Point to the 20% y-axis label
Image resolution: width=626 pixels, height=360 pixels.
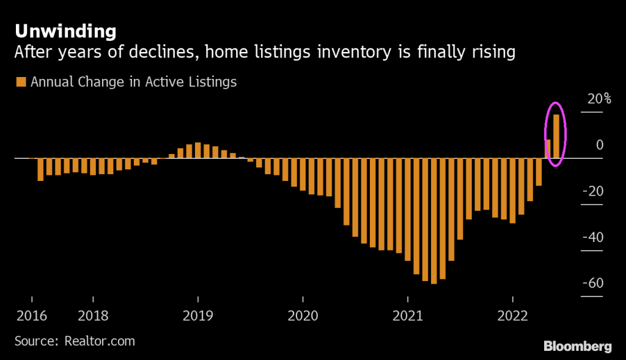tap(591, 99)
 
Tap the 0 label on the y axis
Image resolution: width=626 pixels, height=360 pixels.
tap(599, 145)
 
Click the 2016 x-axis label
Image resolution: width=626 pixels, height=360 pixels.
tap(30, 316)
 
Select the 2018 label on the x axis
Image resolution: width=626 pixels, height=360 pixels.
tap(93, 316)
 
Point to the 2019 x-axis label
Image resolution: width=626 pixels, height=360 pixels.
tap(198, 316)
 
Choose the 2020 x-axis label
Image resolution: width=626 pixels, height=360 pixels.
tap(303, 316)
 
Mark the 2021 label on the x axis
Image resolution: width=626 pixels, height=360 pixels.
tap(408, 316)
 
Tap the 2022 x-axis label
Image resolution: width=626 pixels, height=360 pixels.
tap(513, 316)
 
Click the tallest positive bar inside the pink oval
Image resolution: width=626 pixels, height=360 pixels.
tap(557, 136)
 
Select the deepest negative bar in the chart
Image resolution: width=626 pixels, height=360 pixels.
tap(434, 221)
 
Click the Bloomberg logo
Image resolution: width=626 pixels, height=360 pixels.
tap(577, 346)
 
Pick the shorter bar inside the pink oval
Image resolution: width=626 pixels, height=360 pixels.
tap(548, 149)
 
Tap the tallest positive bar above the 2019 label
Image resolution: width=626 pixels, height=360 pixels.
tap(198, 150)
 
